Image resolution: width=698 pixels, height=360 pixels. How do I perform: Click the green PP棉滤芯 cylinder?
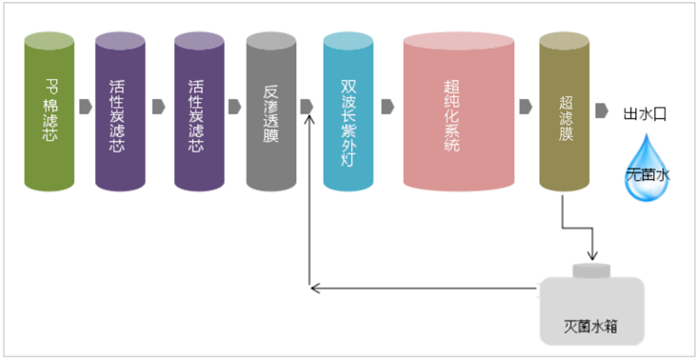(50, 111)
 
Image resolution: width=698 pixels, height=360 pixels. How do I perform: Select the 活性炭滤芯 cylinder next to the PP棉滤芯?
(121, 111)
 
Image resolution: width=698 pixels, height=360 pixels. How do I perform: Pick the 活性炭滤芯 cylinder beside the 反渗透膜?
(199, 111)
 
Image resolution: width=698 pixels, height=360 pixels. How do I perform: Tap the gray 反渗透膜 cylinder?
(271, 111)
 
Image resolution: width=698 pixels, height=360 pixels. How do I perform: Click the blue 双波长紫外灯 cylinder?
(348, 111)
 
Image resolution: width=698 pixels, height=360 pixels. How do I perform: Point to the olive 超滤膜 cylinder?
(565, 111)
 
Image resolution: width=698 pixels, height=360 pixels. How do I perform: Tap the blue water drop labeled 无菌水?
(648, 169)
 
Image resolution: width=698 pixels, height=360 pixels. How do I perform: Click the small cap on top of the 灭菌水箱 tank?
(591, 270)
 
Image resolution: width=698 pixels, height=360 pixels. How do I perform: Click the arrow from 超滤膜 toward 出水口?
(602, 110)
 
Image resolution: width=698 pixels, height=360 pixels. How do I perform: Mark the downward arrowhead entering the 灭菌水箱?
(591, 255)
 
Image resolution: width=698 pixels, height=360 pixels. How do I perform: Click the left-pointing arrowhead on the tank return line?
(314, 285)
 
